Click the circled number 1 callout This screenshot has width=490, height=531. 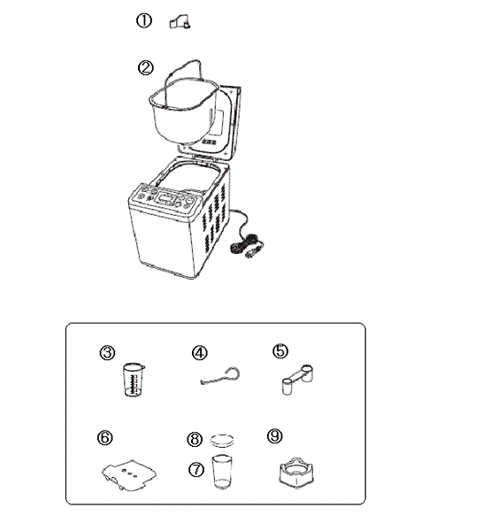(x=144, y=20)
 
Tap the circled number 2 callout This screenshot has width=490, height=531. (x=146, y=68)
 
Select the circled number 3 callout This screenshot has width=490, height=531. (x=107, y=352)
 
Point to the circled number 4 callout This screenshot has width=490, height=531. (x=200, y=353)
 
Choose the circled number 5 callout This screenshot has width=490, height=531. (x=280, y=350)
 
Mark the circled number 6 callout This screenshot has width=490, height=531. (x=105, y=437)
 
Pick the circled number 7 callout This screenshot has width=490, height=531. (x=196, y=470)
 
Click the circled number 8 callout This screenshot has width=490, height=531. (x=195, y=439)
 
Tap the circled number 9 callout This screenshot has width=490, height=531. (x=275, y=435)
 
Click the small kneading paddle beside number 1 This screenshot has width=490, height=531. (x=180, y=22)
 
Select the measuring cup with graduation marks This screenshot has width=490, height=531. (x=134, y=380)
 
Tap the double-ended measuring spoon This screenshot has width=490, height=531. (x=297, y=380)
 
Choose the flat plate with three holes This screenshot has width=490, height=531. (x=129, y=474)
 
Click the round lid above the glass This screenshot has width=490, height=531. (x=222, y=441)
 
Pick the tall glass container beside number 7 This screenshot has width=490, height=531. (x=222, y=472)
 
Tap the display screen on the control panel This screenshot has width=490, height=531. (x=165, y=198)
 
